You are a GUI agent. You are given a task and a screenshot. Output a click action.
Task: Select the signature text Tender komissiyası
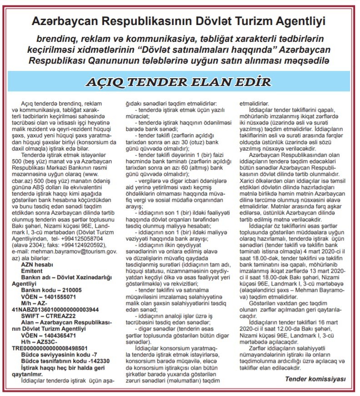pyautogui.click(x=315, y=378)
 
